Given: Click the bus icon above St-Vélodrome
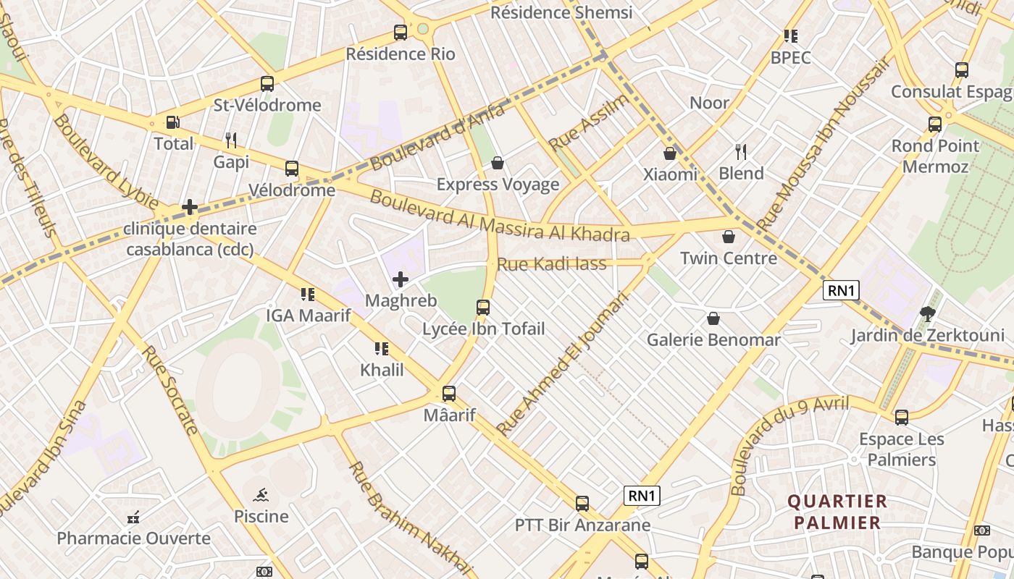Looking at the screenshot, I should [x=267, y=84].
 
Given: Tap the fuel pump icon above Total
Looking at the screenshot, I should [x=172, y=123].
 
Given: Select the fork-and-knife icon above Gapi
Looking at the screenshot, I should [x=231, y=140].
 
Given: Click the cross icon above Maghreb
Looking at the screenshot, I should [x=400, y=279].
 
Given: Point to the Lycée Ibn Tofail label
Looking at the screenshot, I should [x=483, y=329].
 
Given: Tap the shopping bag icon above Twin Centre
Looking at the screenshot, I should [x=729, y=237].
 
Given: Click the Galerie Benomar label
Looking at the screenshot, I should [x=713, y=339].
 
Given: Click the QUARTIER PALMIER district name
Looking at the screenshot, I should [x=837, y=512].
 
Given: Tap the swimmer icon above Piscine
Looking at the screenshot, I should [x=261, y=495].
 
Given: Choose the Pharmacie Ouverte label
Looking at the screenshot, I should [x=134, y=538].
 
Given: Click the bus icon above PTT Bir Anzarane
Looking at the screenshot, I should [x=582, y=504].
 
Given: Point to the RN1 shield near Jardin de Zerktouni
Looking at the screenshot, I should [x=842, y=291].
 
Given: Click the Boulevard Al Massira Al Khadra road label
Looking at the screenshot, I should [x=500, y=215].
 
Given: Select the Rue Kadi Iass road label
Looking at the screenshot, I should [x=552, y=264].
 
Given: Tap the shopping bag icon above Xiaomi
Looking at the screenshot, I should [x=670, y=153].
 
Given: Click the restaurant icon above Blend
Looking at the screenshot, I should [x=741, y=152].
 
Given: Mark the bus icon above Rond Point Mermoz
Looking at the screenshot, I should [x=935, y=124].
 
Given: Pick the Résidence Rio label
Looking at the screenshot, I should [x=401, y=54].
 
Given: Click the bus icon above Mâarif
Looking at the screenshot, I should [x=449, y=394].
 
